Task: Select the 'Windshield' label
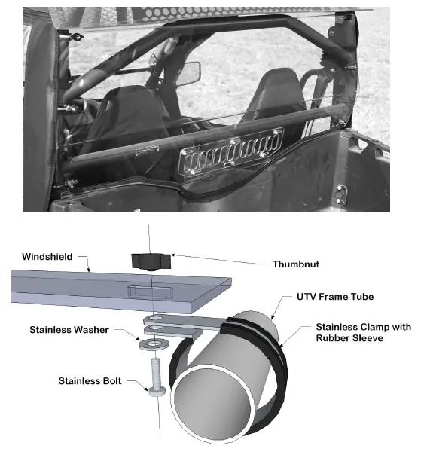point(46,257)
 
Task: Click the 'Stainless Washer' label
point(69,330)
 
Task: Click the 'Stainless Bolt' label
point(90,380)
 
